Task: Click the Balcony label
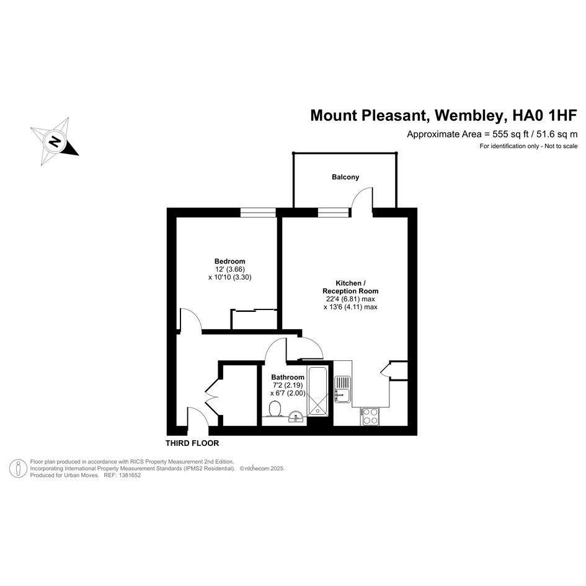345,177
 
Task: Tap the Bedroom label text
230,261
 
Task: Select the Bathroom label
288,377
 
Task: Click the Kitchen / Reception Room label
350,287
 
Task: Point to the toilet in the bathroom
275,409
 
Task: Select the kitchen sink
342,389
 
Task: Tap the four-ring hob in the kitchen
370,416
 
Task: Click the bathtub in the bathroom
318,391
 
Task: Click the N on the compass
55,141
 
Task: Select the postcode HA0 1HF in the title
544,115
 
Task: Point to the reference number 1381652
130,476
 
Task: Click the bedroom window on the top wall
258,212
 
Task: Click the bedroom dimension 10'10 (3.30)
230,277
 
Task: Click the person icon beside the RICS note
18,468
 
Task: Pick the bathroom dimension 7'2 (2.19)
288,385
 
